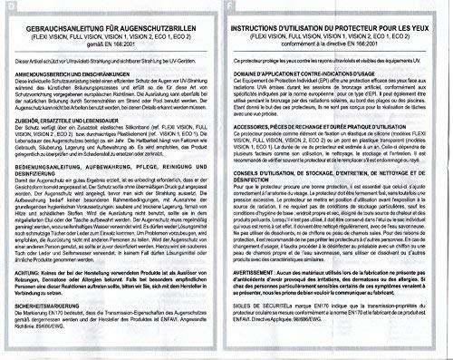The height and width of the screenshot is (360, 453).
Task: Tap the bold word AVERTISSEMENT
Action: (271, 292)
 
